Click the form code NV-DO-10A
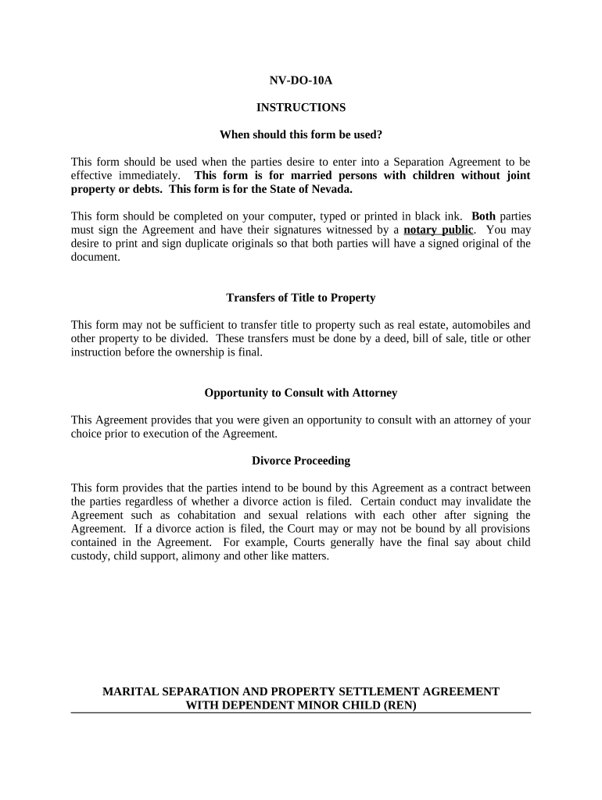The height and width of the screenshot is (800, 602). point(301,80)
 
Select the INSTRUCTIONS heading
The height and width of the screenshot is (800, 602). point(301,107)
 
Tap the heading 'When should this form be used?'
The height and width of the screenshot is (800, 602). point(301,134)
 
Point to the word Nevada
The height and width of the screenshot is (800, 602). point(331,189)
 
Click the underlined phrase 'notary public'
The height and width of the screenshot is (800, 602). point(438,230)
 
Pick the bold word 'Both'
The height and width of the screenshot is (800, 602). point(484,216)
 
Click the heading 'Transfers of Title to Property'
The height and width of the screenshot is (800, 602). point(301,298)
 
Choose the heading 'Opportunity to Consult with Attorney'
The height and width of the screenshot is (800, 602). point(301,393)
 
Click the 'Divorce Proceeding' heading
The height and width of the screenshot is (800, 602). point(301,461)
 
